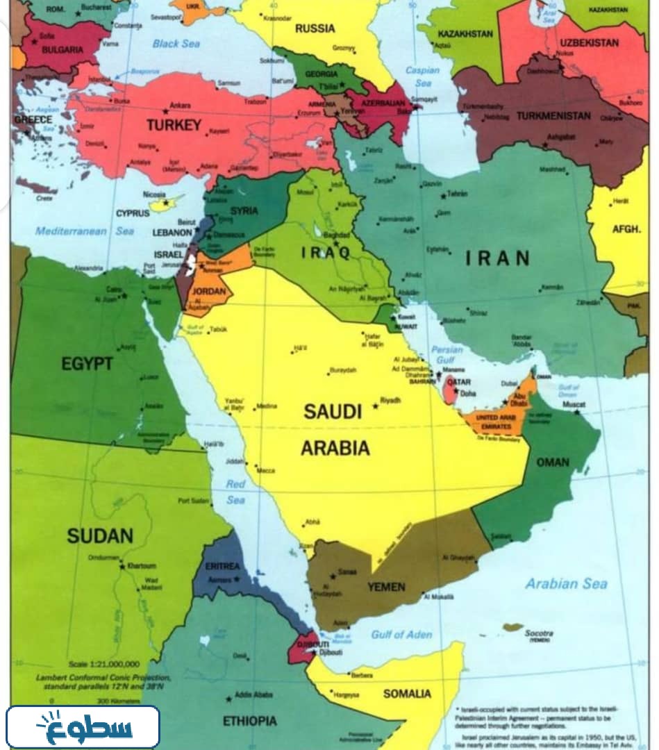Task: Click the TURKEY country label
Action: point(174,126)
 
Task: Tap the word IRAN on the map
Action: point(498,258)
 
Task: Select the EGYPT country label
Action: point(87,363)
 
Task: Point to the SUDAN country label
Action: point(99,535)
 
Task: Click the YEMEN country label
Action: point(386,587)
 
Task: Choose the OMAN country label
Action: point(552,462)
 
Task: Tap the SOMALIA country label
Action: point(407,693)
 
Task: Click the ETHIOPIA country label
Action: point(249,722)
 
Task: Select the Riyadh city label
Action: point(391,401)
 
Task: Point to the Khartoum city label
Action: point(141,566)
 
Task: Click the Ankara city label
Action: point(180,106)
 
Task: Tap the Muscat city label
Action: point(574,404)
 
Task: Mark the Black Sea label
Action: point(176,44)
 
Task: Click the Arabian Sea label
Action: point(565,583)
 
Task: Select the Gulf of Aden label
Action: point(401,634)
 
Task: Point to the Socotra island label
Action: point(538,633)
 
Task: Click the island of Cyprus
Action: point(163,204)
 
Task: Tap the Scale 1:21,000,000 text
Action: point(104,664)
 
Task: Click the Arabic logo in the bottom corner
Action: point(83,726)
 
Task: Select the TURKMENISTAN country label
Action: point(553,115)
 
